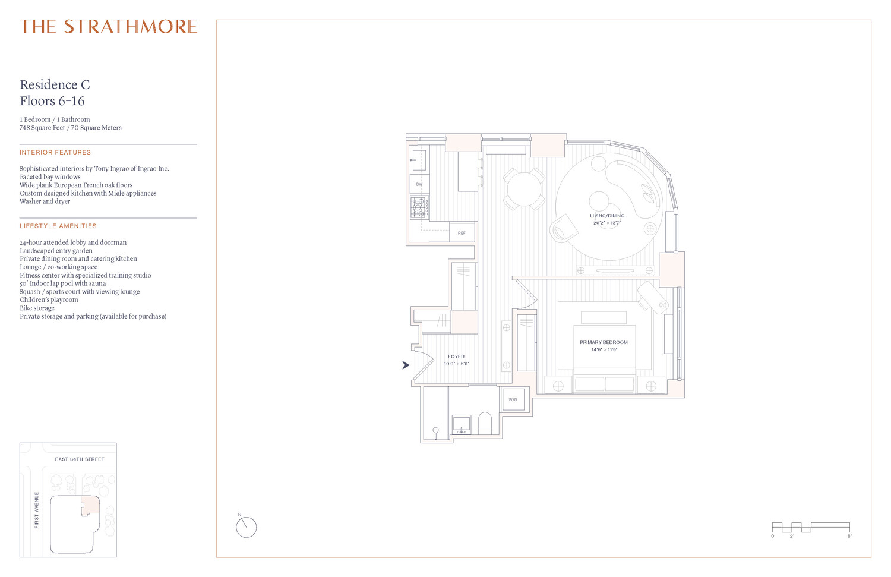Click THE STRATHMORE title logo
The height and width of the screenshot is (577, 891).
click(x=108, y=27)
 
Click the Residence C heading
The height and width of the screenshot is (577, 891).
click(x=55, y=85)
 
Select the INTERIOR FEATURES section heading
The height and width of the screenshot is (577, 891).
click(x=55, y=153)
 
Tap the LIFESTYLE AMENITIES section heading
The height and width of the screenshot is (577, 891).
click(x=58, y=226)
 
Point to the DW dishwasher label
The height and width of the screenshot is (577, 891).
click(x=419, y=184)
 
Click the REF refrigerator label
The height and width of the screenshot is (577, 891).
click(x=462, y=233)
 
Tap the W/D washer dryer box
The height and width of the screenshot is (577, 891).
click(x=513, y=400)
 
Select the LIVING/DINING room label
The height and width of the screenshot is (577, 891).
click(x=607, y=216)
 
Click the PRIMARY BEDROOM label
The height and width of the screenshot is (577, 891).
click(x=604, y=343)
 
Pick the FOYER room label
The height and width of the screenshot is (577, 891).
click(x=456, y=357)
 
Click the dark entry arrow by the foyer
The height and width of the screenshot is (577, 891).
click(x=406, y=365)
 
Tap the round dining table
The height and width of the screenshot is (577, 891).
click(x=524, y=189)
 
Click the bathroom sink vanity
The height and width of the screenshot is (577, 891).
click(x=462, y=424)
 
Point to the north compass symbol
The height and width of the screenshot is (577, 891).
click(x=246, y=527)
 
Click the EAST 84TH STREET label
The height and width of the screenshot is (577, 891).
click(x=80, y=459)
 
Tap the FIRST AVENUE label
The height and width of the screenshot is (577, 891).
click(x=37, y=510)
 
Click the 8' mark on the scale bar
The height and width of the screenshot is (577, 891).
click(x=849, y=536)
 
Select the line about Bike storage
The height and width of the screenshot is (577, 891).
click(x=37, y=308)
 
